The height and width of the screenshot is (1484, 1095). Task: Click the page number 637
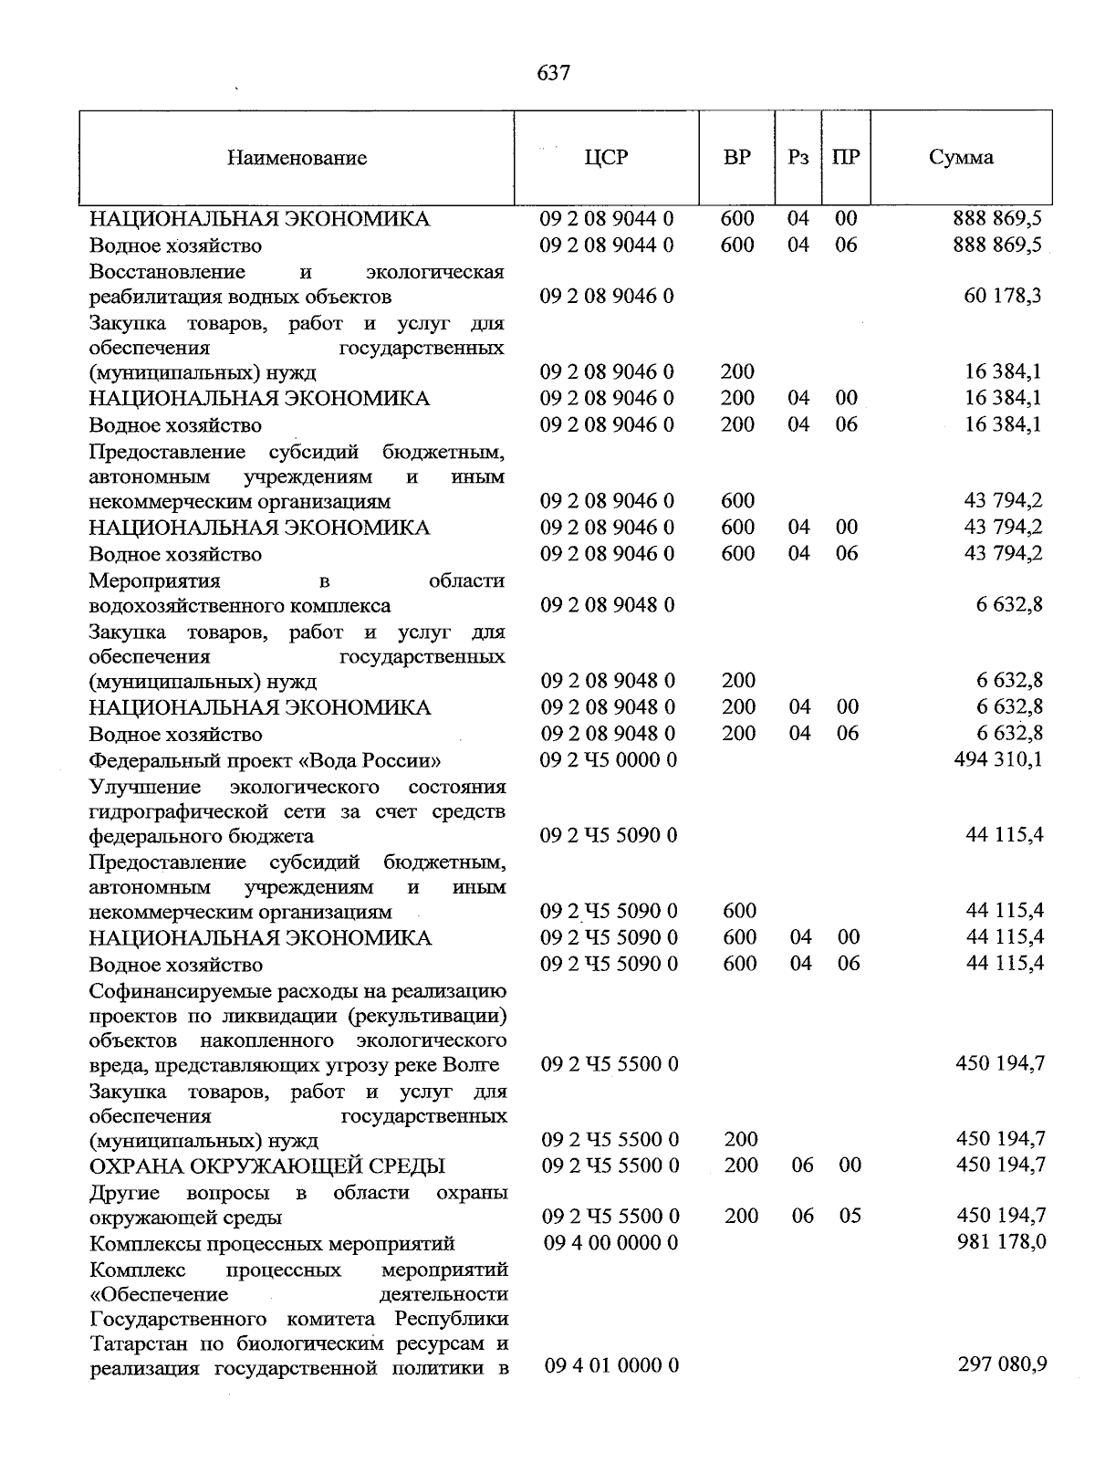(x=554, y=73)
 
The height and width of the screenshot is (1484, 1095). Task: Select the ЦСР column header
(x=606, y=157)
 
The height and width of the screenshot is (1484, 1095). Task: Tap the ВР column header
(x=736, y=157)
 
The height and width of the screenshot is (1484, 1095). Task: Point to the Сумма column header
(x=961, y=157)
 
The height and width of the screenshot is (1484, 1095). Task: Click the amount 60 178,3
(x=1002, y=296)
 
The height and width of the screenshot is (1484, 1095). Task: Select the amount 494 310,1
(x=997, y=759)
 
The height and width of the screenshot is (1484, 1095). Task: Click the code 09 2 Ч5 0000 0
(x=609, y=759)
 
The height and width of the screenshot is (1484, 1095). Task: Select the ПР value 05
(x=849, y=1217)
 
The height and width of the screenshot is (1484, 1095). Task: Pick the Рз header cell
(x=798, y=157)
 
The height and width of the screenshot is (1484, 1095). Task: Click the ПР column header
(x=846, y=157)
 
